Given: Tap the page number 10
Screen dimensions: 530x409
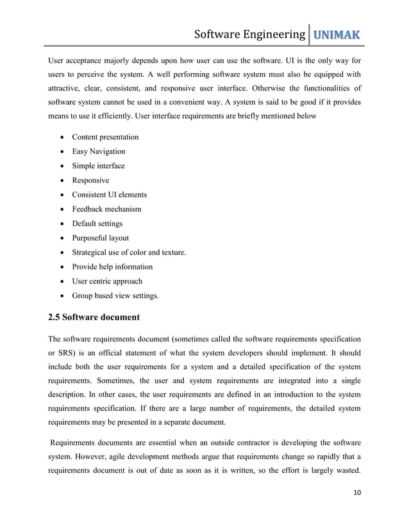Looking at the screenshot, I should point(355,510).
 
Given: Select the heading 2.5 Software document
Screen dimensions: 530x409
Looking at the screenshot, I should point(94,317).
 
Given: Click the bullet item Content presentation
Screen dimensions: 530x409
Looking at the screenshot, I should point(105,137).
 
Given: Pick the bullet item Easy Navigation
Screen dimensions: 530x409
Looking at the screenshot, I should point(98,151).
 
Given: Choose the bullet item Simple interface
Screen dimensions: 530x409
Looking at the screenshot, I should point(98,166).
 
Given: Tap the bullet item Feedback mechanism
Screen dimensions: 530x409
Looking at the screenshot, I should point(106,209).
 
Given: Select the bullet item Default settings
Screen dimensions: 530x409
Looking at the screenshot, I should point(97,224).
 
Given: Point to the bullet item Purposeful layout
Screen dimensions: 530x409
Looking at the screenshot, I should point(100,238).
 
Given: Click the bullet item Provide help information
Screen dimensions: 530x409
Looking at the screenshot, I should point(112,267).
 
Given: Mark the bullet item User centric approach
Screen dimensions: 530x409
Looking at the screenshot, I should point(107,281).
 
